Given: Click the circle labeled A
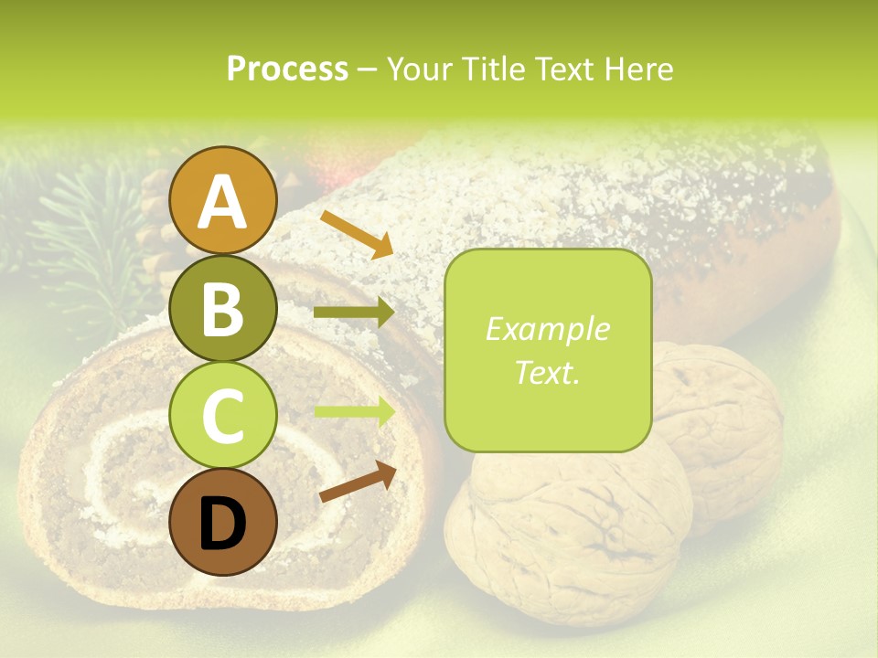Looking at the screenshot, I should [222, 201].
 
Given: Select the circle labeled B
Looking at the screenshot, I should [222, 309].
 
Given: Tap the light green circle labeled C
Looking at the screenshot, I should [222, 416].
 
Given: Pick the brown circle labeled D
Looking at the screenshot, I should [222, 523].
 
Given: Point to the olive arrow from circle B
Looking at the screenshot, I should [354, 313].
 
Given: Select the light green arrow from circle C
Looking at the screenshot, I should [354, 412].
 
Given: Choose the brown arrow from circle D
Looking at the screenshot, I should [357, 482].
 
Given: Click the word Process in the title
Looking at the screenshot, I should [287, 69].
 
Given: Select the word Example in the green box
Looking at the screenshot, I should [547, 329].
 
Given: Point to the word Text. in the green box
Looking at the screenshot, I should [547, 372].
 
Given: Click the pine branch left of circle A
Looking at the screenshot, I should [82, 238].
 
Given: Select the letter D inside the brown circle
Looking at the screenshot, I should [222, 524].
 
